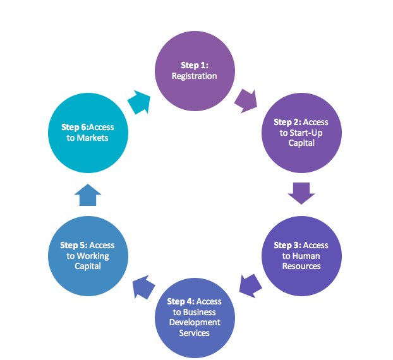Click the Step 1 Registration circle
(195, 70)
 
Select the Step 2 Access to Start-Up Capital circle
(301, 133)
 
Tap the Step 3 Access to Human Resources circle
(301, 256)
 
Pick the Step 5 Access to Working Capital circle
(88, 256)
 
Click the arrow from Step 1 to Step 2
(246, 100)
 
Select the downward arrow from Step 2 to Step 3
(301, 193)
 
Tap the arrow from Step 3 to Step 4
(250, 285)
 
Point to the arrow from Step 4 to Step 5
(143, 285)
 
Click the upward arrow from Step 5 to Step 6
(88, 196)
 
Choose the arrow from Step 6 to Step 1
(139, 101)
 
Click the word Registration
(195, 76)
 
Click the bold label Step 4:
(179, 302)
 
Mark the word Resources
(301, 266)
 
